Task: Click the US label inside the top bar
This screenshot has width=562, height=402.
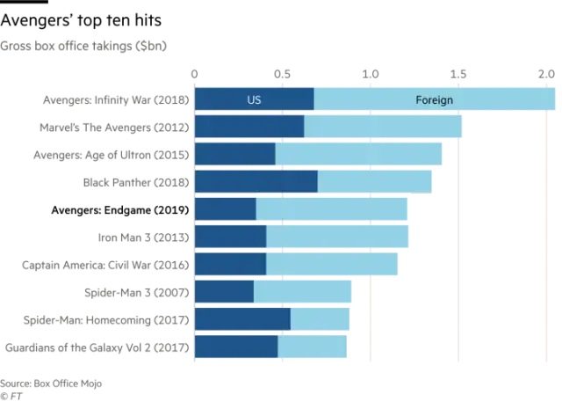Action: click(x=254, y=99)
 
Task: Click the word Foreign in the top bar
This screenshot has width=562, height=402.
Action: click(x=434, y=99)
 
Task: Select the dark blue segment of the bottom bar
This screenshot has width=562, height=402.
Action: click(x=235, y=347)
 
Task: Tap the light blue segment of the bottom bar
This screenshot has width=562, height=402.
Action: click(x=313, y=347)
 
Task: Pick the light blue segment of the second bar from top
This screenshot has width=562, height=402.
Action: click(x=383, y=127)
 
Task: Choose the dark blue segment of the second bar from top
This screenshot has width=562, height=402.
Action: click(x=249, y=127)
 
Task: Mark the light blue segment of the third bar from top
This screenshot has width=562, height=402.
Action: click(x=358, y=154)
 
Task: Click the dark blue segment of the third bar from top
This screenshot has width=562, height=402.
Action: click(x=234, y=154)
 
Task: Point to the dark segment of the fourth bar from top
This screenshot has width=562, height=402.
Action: click(x=256, y=181)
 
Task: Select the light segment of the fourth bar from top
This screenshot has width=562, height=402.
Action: click(x=375, y=181)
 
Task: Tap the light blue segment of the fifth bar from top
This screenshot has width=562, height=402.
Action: click(x=332, y=209)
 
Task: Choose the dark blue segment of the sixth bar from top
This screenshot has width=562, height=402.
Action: click(x=230, y=237)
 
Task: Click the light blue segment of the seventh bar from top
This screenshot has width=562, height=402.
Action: click(x=332, y=264)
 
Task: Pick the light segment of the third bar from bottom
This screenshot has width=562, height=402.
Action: click(x=302, y=291)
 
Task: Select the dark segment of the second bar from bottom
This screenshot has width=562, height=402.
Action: click(x=241, y=318)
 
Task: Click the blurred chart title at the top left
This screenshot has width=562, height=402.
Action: click(x=84, y=46)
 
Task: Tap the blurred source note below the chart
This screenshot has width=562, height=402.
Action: click(x=53, y=384)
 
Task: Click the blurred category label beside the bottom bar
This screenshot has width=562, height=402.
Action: click(x=95, y=347)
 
